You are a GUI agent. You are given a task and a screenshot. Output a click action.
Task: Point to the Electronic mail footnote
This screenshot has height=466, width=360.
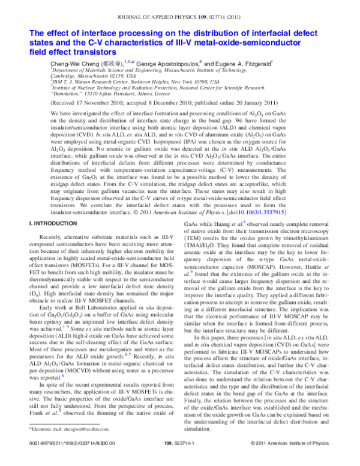click(61, 429)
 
